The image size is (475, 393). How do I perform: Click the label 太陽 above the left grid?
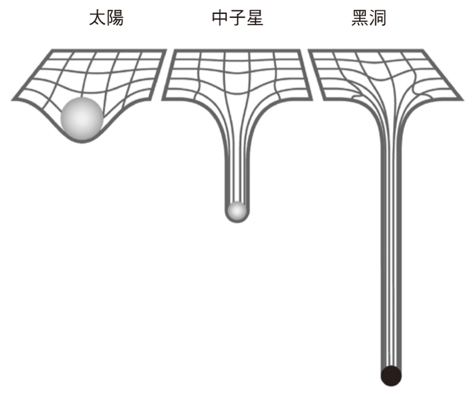click(x=106, y=18)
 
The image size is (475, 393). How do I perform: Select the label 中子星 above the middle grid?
click(x=237, y=18)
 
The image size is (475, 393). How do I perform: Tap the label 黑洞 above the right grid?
click(x=369, y=18)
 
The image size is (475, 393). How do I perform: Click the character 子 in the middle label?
click(x=237, y=18)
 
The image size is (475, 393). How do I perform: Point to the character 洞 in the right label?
click(x=378, y=18)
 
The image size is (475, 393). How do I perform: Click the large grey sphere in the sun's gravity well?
click(x=82, y=119)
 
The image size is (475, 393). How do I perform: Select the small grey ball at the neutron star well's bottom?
click(x=237, y=211)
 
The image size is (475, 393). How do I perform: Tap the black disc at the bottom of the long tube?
click(x=391, y=376)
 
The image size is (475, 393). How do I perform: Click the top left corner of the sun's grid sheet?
click(x=51, y=50)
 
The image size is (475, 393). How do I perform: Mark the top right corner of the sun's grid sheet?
click(x=166, y=50)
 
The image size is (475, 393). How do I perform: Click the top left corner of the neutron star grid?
click(x=173, y=50)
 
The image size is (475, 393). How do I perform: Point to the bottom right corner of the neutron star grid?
click(x=312, y=99)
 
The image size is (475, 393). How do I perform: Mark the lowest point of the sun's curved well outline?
click(x=82, y=142)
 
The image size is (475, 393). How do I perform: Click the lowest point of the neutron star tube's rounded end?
click(x=237, y=222)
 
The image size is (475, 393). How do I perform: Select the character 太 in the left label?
click(x=97, y=18)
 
